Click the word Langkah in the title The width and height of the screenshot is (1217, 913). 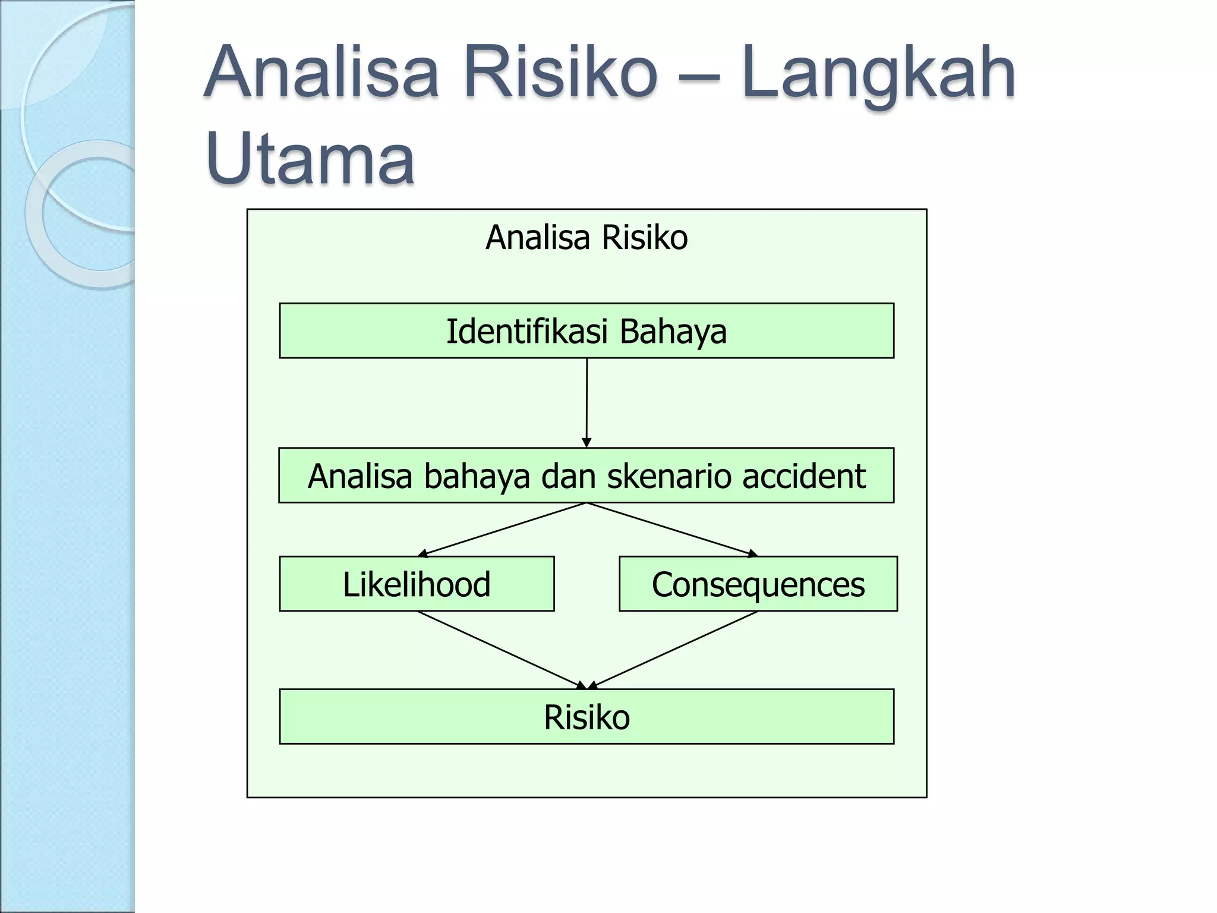tap(878, 74)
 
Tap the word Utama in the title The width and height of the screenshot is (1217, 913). tap(310, 159)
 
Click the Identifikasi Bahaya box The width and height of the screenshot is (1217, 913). tap(587, 331)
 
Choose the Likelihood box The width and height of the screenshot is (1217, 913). tap(417, 584)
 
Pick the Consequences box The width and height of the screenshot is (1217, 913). tap(758, 584)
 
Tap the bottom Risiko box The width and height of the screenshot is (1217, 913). tap(587, 717)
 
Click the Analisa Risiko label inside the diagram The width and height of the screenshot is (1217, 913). tap(587, 238)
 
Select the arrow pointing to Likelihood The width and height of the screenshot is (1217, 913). tap(502, 530)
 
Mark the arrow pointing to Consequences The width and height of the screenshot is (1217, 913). tap(671, 530)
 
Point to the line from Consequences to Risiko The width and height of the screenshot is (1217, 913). tap(674, 649)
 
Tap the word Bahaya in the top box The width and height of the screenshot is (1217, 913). tap(673, 331)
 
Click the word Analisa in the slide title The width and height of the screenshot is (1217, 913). tap(321, 74)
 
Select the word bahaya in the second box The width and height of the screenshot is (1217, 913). tap(477, 476)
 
